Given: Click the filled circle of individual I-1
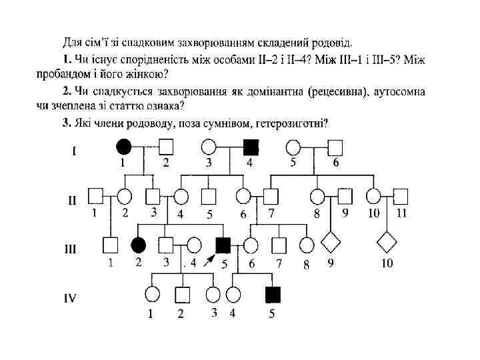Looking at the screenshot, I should [123, 145].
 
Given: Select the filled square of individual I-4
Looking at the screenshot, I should [251, 145].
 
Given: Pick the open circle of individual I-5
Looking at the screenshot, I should [293, 145].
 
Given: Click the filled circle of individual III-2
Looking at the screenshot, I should [139, 245].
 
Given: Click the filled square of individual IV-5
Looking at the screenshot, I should [272, 293].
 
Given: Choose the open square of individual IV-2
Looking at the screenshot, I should [181, 293].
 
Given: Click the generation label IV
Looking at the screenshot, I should [69, 297].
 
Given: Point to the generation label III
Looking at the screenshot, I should [70, 248].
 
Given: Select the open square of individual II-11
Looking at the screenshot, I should [400, 196].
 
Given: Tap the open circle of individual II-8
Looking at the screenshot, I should [317, 196].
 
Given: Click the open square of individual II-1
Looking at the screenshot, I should [96, 196].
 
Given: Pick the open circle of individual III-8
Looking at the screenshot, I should [307, 245].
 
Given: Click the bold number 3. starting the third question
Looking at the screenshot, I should [67, 122].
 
